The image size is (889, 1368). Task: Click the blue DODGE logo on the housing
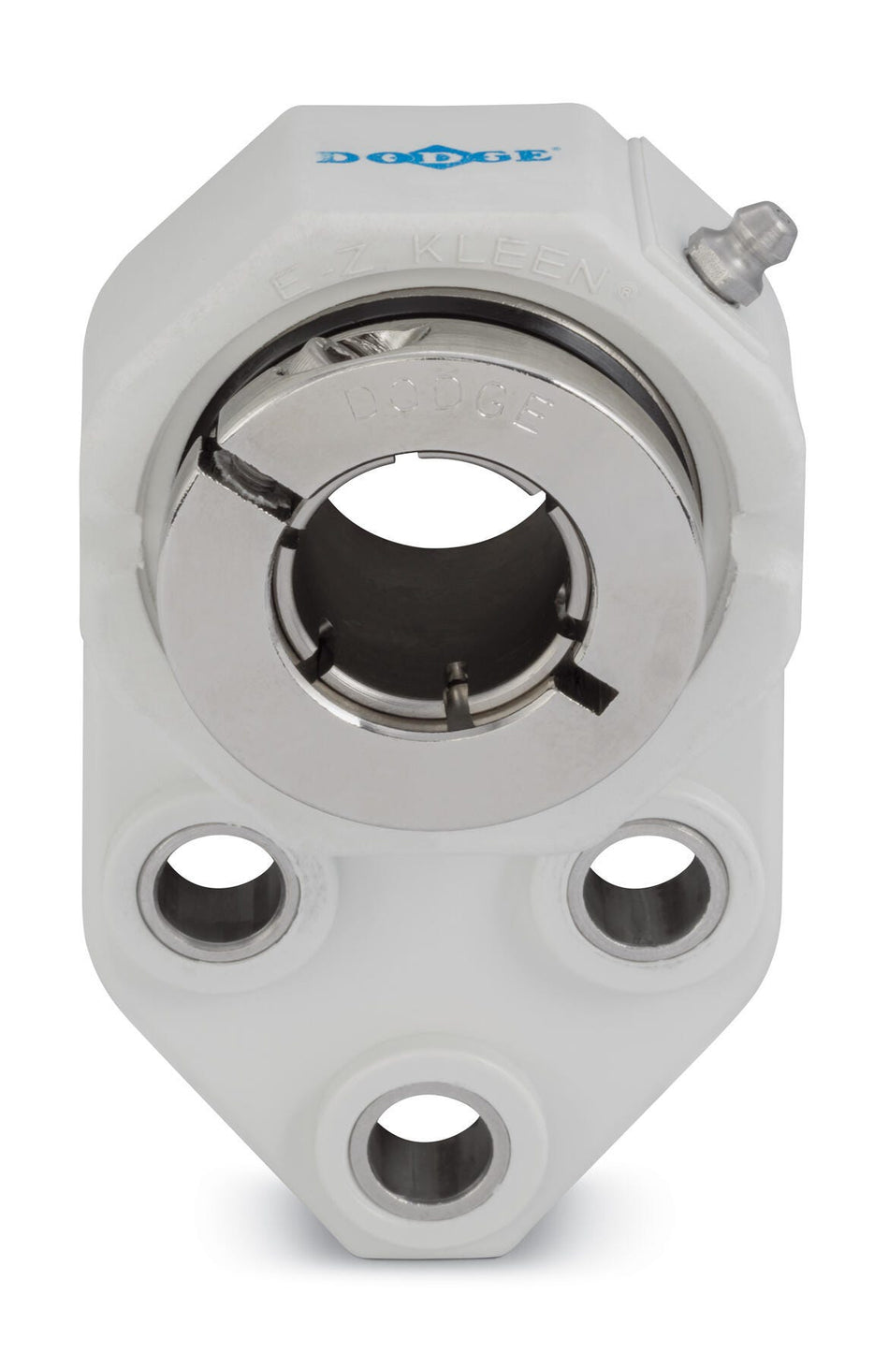[434, 155]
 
